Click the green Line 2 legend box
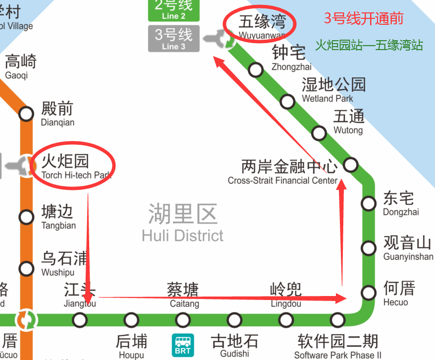(174, 10)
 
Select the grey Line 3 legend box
(174, 39)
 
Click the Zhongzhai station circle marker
(256, 70)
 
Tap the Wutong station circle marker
(319, 133)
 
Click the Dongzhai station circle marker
(368, 203)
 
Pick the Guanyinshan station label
(408, 248)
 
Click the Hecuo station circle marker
(368, 293)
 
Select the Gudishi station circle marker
(234, 320)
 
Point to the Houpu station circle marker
(131, 320)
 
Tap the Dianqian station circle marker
(26, 114)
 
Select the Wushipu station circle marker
(26, 269)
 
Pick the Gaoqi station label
(20, 66)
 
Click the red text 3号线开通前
(363, 19)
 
